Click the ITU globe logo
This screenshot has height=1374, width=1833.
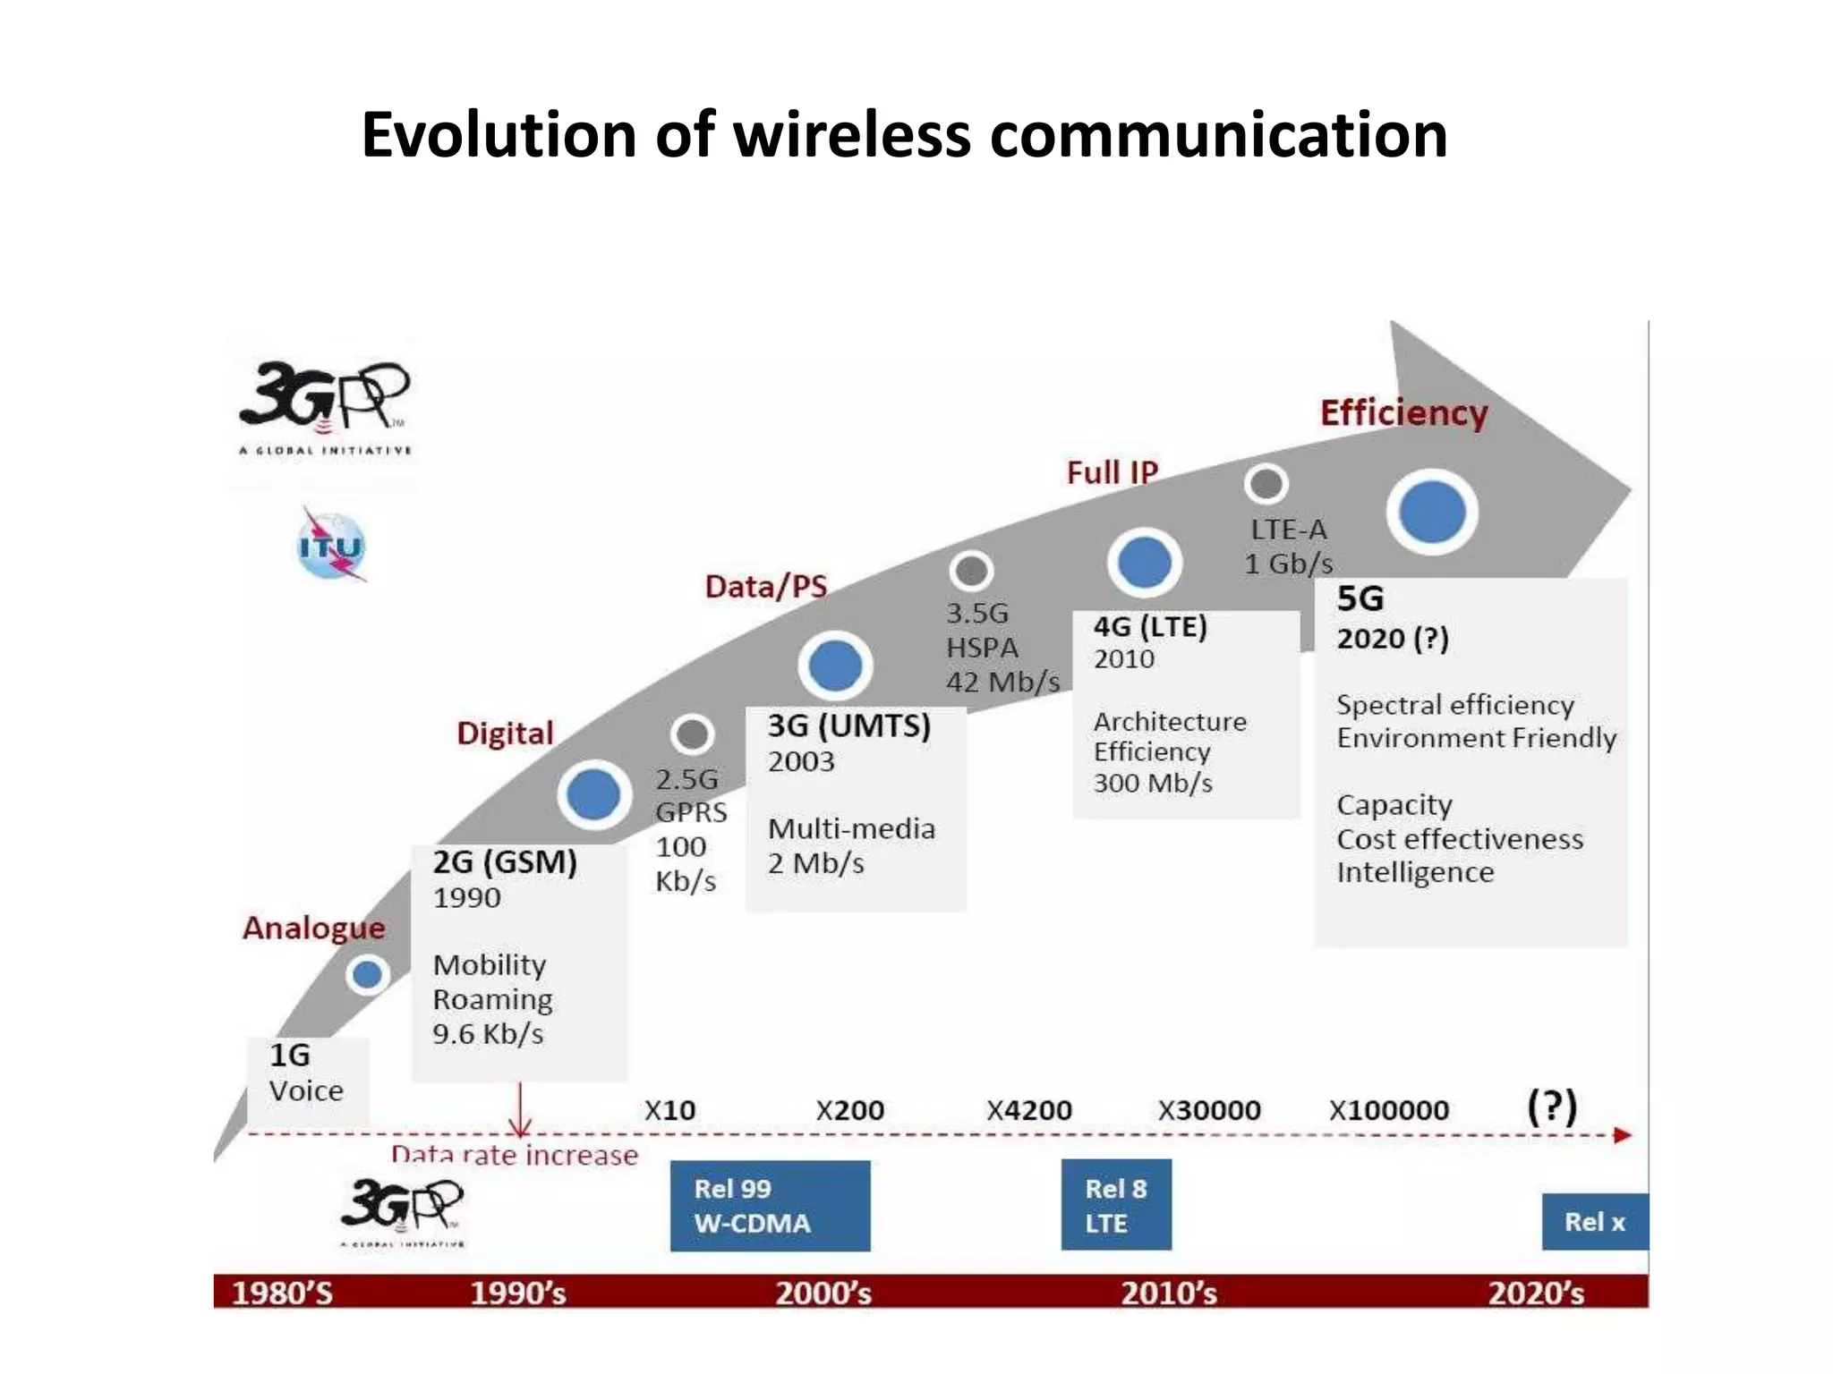coord(331,547)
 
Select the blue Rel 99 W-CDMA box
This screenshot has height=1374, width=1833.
coord(770,1205)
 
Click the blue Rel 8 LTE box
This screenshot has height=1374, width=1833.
coord(1115,1205)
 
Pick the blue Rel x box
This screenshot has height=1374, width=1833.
coord(1594,1221)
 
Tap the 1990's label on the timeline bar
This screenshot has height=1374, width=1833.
coord(518,1293)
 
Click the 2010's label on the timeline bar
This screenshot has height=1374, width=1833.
coord(1169,1293)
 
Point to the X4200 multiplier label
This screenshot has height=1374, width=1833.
coord(1028,1110)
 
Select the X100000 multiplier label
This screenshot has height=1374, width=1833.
coord(1388,1110)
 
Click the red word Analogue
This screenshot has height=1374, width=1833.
coord(313,928)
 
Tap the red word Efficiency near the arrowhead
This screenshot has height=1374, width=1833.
coord(1403,413)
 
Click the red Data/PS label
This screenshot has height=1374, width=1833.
coord(766,586)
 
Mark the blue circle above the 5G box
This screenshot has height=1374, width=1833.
coord(1432,512)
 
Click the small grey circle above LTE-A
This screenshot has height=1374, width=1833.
coord(1266,484)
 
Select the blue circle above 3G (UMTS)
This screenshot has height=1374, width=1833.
coord(835,666)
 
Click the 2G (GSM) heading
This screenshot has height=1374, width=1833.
coord(505,862)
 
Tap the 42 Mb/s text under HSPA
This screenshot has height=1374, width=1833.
coord(1003,682)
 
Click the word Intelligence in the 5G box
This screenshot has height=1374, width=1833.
coord(1415,872)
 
